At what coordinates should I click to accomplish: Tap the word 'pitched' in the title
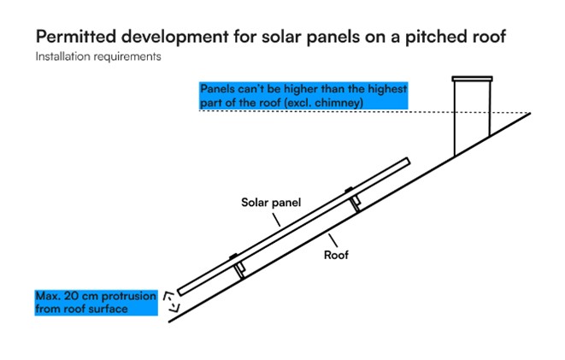pos(432,37)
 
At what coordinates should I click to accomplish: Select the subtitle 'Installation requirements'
pos(98,56)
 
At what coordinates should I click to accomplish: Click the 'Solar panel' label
pos(271,202)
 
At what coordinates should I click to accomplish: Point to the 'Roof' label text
pos(336,255)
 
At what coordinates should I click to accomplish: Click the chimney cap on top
pos(472,79)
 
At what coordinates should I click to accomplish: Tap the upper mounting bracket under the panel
pos(353,199)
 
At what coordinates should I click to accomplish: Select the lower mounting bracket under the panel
pos(238,267)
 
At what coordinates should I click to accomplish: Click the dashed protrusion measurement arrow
pos(171,301)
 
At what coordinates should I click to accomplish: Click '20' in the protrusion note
pos(72,296)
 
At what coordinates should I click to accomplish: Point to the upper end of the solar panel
pos(408,161)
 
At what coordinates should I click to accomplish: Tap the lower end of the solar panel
pos(180,292)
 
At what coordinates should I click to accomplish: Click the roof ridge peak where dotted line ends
pos(530,113)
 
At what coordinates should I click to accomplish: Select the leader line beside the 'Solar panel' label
pos(276,220)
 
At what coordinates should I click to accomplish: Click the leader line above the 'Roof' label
pos(333,240)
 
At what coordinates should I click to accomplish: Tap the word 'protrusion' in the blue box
pos(129,297)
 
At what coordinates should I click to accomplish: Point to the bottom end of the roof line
pos(169,322)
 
